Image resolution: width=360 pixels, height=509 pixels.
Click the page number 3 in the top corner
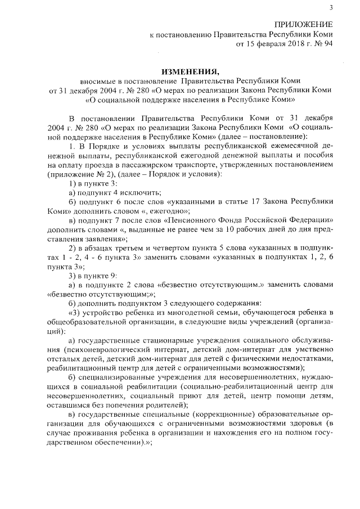[x=331, y=7]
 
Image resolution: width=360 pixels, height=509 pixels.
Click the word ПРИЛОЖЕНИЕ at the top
[x=303, y=24]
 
